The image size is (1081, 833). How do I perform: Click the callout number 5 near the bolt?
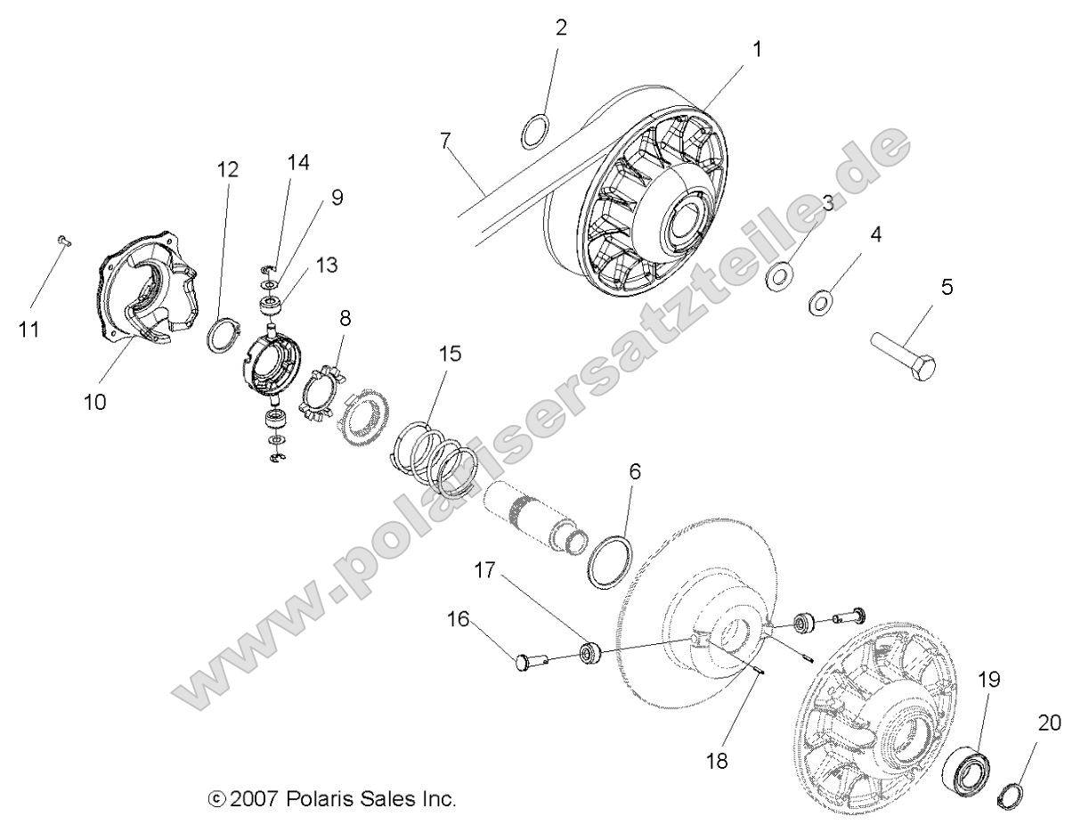947,287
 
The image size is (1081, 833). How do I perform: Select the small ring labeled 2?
534,131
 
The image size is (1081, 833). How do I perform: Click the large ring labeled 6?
613,562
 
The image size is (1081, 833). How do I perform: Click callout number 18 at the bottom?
717,761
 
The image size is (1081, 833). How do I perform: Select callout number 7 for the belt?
445,140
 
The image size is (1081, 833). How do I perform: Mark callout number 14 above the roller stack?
297,162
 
